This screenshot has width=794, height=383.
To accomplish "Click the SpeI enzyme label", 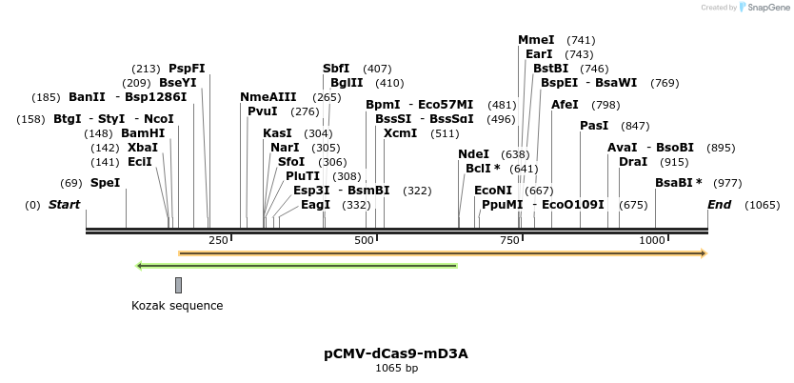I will [105, 183].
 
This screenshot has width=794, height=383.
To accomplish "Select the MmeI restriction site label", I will [536, 40].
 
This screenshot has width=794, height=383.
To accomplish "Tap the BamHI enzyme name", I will [143, 133].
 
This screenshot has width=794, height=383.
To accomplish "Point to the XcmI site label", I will [400, 133].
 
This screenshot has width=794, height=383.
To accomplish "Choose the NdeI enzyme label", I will [473, 154].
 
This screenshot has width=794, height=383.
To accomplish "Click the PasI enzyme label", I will [594, 126].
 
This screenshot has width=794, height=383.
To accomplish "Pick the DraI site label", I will [633, 162].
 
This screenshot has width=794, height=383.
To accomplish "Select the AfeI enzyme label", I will [566, 105].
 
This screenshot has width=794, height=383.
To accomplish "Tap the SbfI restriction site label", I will [336, 69].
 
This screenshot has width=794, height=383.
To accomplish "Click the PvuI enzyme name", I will [262, 111].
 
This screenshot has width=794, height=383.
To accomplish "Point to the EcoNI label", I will [493, 191].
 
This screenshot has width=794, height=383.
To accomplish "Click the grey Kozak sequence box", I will [178, 285].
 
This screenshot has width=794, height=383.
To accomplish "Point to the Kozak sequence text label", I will [177, 306].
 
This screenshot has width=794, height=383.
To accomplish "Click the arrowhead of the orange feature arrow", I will [704, 253].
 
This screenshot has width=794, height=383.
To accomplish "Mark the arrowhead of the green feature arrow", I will [141, 265].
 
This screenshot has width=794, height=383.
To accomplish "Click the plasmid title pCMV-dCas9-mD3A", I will [396, 353].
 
